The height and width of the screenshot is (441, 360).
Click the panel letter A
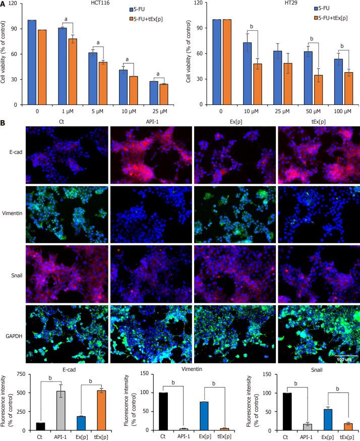pyautogui.click(x=3, y=4)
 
